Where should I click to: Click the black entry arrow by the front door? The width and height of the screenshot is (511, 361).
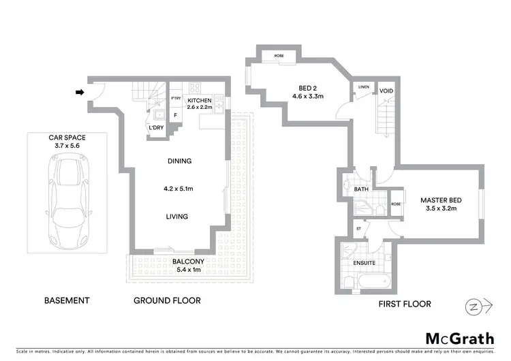80,93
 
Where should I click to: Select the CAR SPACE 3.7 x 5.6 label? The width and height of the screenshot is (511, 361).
67,141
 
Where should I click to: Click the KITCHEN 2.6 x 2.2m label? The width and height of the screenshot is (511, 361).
200,103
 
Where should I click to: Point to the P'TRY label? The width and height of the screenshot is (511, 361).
175,98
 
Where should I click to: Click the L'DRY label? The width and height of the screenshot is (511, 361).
156,127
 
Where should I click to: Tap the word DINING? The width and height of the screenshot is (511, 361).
179,161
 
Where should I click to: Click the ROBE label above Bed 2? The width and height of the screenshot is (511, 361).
279,54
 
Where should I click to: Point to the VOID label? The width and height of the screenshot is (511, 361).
386,91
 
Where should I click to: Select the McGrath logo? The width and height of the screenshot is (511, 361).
456,339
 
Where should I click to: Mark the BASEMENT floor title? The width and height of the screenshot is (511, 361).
67,300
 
